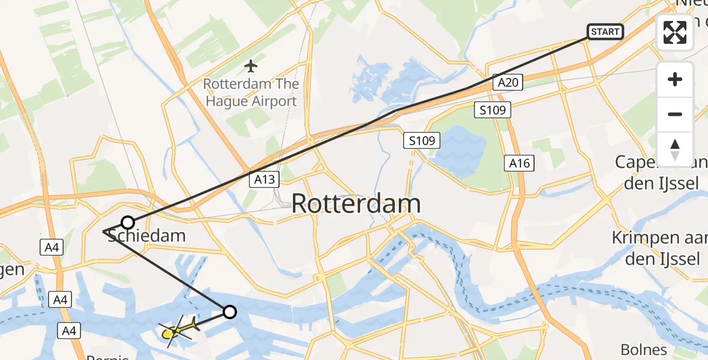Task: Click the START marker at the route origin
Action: tap(605, 32)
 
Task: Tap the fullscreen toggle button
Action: tap(675, 32)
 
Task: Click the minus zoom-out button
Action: tap(675, 114)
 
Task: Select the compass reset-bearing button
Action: tap(675, 149)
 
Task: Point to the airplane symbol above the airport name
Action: tap(251, 64)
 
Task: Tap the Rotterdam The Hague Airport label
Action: tap(251, 92)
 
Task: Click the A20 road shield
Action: tap(508, 83)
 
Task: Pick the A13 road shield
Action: tap(264, 178)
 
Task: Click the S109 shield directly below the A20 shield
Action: tap(492, 110)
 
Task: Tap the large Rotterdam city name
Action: tap(356, 204)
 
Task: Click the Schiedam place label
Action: tap(146, 236)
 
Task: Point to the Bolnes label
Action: tap(643, 350)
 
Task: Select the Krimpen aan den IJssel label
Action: tap(655, 248)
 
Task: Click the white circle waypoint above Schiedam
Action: tap(127, 223)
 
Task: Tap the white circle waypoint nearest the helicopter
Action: tap(229, 311)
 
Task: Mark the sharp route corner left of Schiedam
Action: tap(104, 231)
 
